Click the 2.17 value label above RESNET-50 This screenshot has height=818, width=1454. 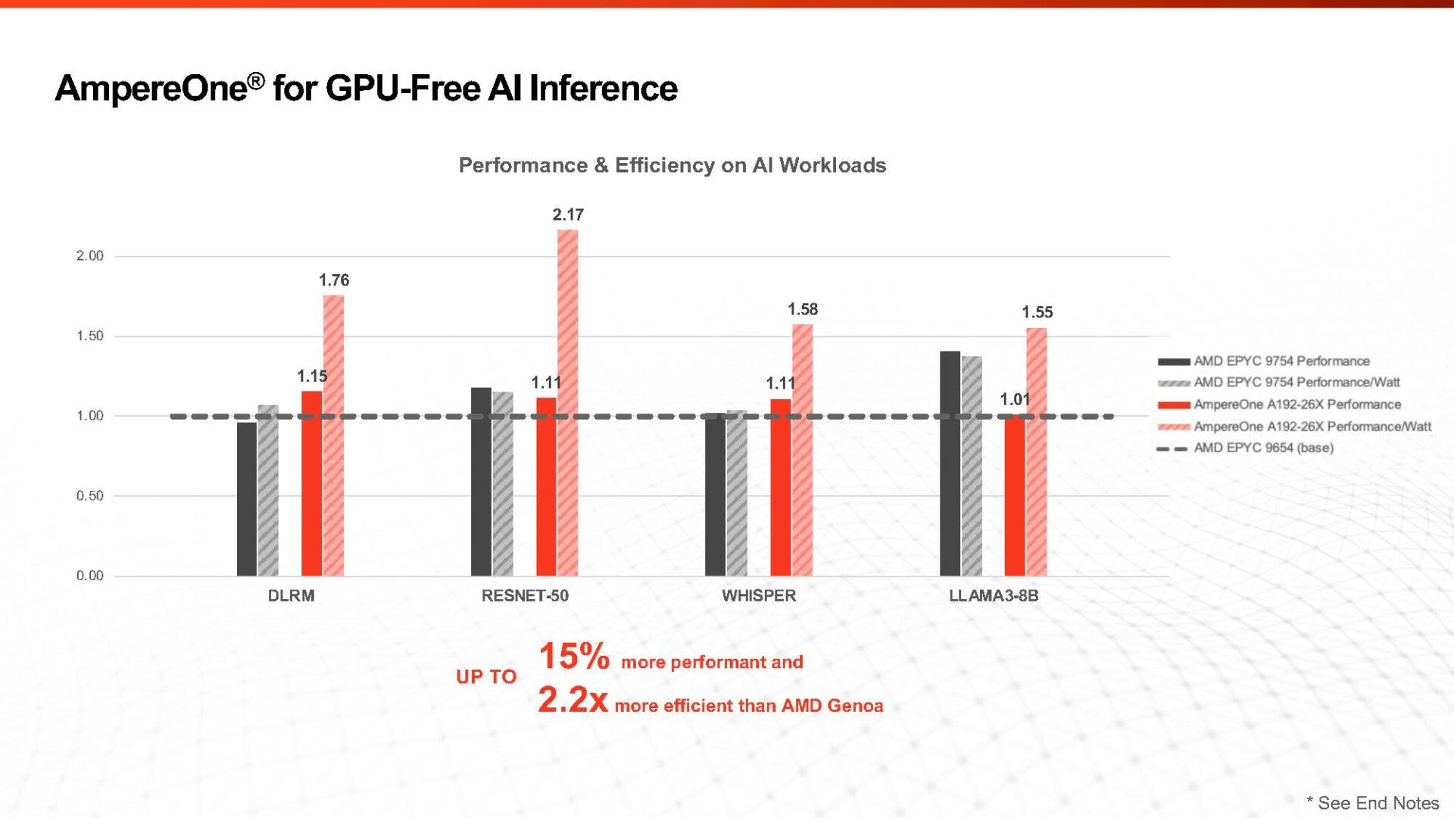[567, 214]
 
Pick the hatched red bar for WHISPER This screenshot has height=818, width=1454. [802, 450]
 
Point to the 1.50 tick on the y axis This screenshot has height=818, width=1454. [89, 336]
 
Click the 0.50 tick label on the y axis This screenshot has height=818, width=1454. [89, 495]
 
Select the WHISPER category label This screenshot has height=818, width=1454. [758, 595]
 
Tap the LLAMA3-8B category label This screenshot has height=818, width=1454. [993, 595]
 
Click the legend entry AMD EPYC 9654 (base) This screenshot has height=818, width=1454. [1263, 448]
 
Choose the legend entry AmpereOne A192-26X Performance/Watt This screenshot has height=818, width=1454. [1312, 426]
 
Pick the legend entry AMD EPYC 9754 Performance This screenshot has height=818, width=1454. [1281, 361]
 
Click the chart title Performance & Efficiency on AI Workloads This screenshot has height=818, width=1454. [672, 165]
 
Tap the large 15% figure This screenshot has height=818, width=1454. [573, 656]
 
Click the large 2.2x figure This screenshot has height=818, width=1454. [573, 700]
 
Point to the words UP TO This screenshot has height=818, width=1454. [485, 676]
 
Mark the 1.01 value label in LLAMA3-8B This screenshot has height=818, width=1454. [1014, 399]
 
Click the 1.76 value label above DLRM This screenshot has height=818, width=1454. [333, 280]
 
